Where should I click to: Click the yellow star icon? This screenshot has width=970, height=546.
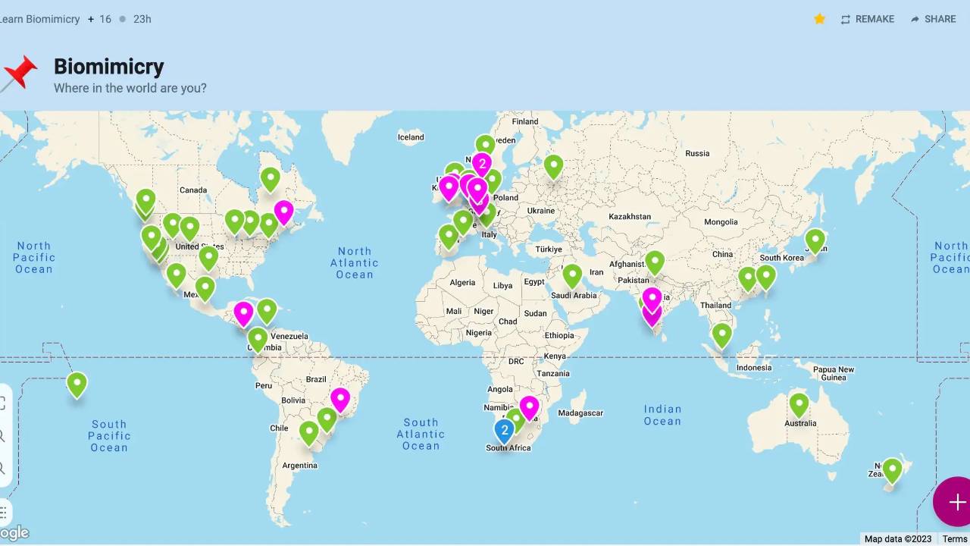(x=819, y=19)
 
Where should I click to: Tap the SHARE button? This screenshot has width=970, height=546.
(x=933, y=19)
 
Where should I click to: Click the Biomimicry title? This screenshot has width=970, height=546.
(x=109, y=67)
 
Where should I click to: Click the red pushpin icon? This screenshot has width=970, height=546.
(x=19, y=74)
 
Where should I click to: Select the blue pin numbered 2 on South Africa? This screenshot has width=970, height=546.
(x=505, y=430)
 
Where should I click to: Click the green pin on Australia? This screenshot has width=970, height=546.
(x=799, y=404)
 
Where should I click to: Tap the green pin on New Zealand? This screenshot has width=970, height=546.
(x=893, y=470)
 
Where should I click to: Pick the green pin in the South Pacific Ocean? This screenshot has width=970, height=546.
(x=77, y=384)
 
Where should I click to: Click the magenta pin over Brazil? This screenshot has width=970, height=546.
(x=340, y=399)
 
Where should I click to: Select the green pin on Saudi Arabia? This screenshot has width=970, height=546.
(x=572, y=275)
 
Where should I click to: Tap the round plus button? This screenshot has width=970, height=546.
(x=956, y=502)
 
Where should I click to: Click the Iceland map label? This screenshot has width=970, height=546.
(x=411, y=137)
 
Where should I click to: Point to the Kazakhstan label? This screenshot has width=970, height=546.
(x=630, y=217)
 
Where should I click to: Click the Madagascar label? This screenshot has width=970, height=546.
(x=580, y=413)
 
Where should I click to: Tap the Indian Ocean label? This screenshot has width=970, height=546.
(x=662, y=415)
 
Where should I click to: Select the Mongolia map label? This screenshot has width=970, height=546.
(x=721, y=222)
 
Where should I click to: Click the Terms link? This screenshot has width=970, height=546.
(x=955, y=539)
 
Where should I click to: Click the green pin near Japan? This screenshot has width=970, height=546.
(x=815, y=240)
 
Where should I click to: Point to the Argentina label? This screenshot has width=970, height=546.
(x=299, y=466)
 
